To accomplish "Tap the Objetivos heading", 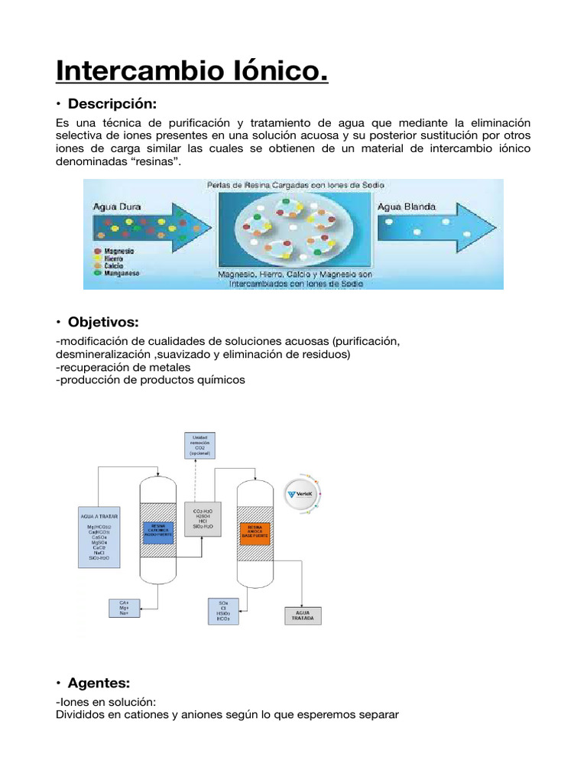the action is [105, 322].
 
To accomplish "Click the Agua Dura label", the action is [117, 206].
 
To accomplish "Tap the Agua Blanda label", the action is [407, 206].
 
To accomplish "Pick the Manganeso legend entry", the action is [122, 273].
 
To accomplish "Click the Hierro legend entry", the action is [114, 258].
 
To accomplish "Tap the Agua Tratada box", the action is [303, 616].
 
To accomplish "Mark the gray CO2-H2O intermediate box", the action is [198, 518].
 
